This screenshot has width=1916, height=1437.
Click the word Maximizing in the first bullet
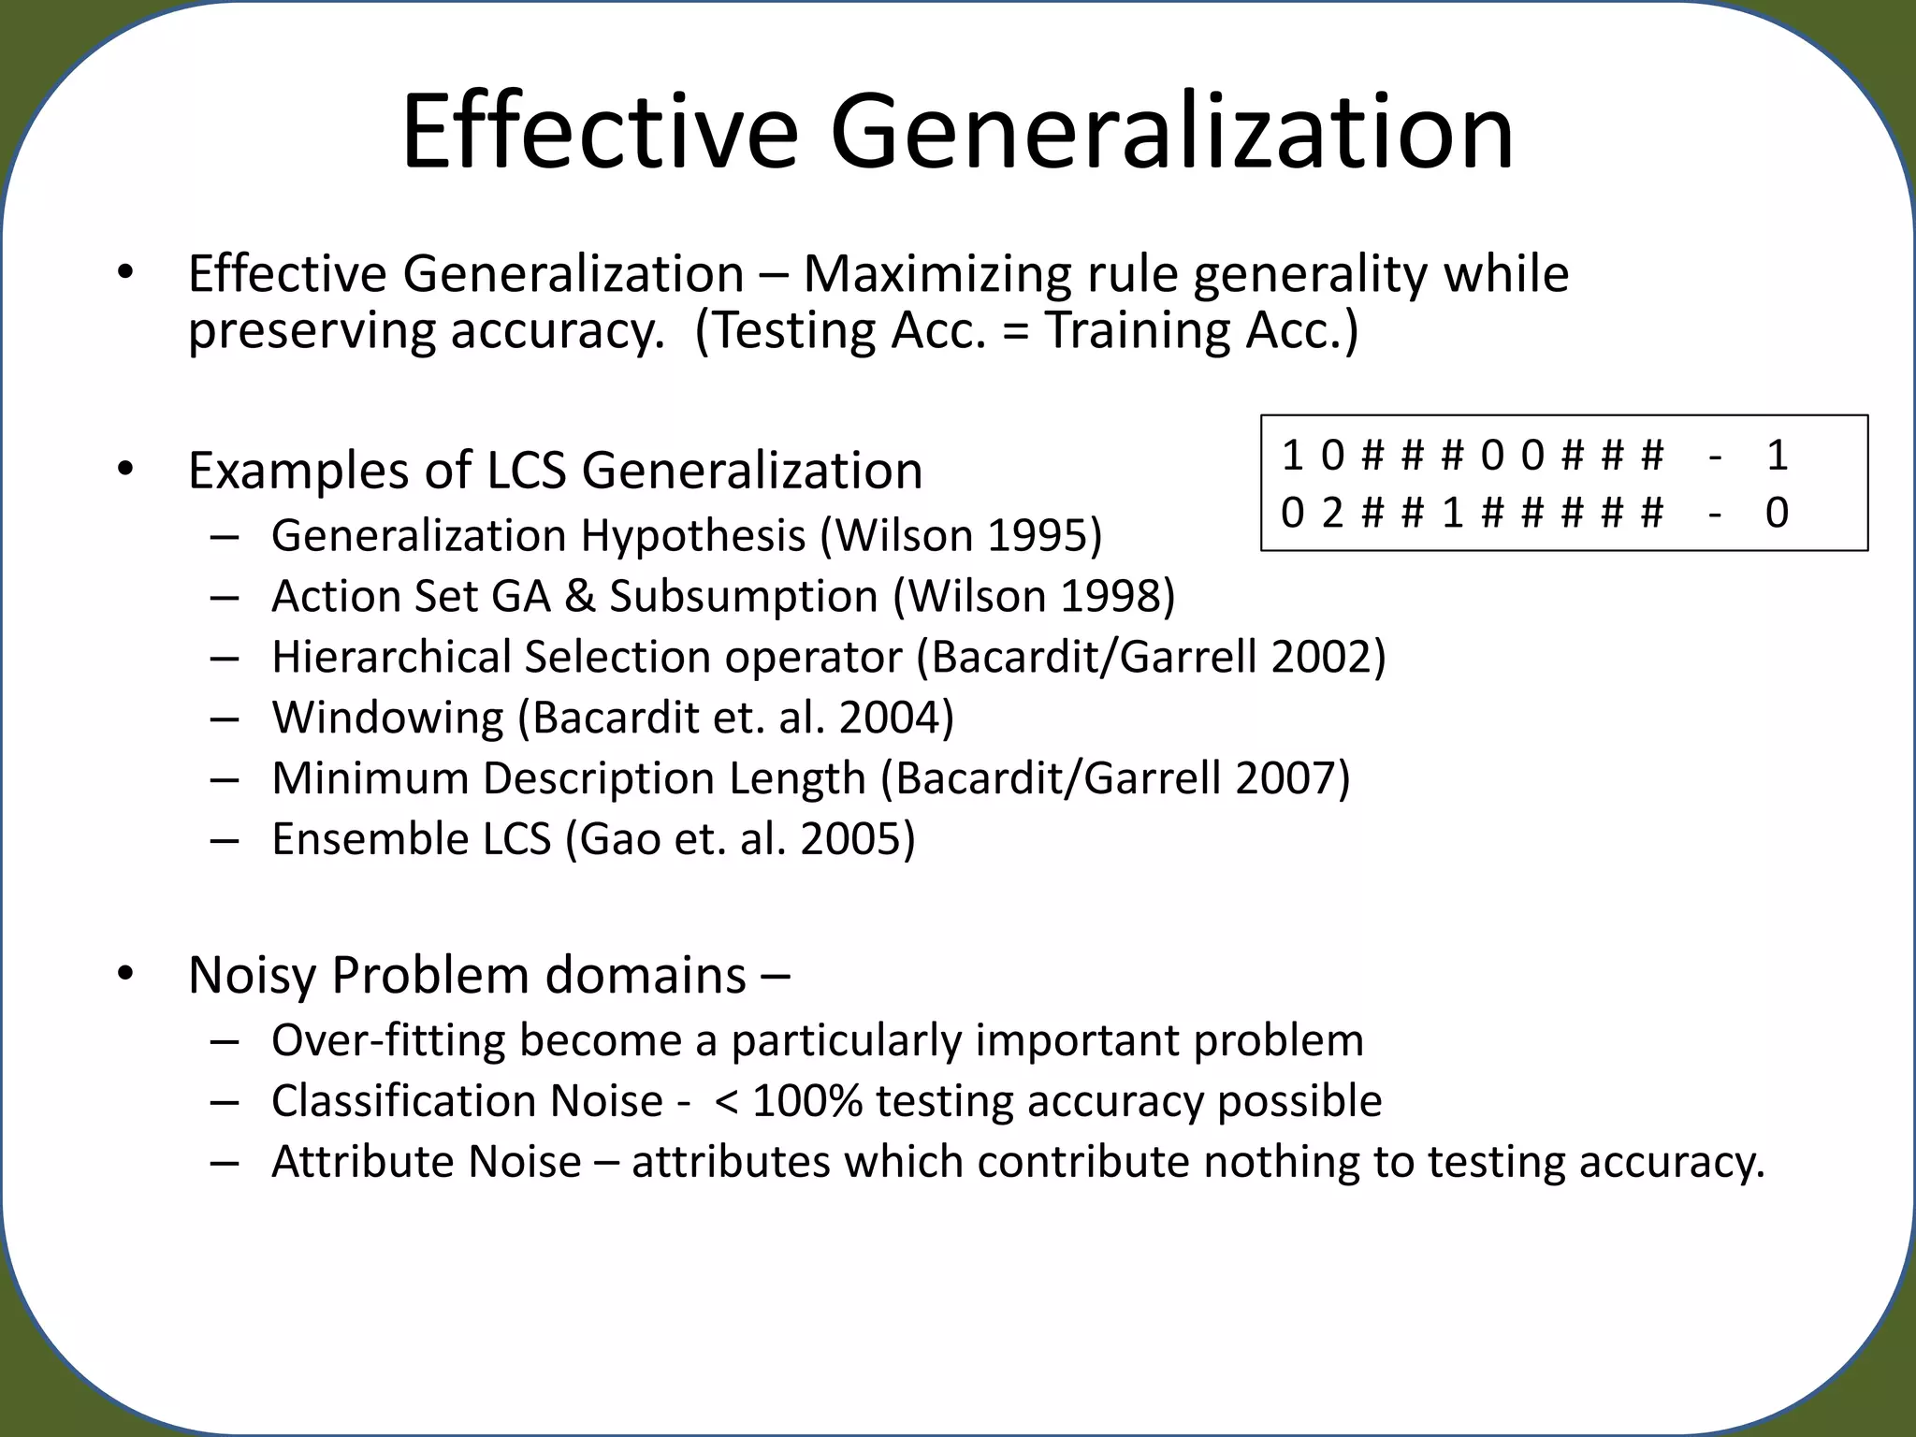(x=936, y=274)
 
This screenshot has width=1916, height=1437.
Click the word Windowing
(x=387, y=718)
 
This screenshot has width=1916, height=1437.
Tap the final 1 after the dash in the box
(x=1777, y=456)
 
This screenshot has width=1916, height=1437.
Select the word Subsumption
(x=744, y=597)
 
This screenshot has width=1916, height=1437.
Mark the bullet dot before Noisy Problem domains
(x=126, y=975)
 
